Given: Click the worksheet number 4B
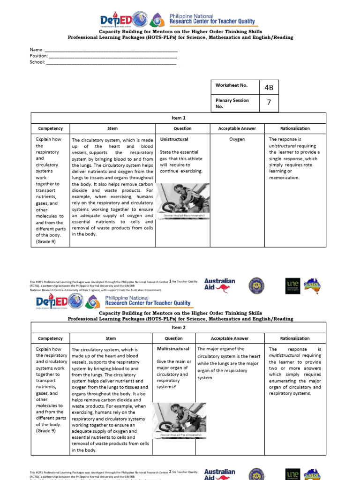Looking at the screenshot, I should coord(269,87).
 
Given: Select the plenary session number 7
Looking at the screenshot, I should coord(269,103).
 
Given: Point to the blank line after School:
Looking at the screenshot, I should coord(111,62).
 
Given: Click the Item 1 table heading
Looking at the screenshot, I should coord(178,118).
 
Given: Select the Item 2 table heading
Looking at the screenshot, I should coord(178,328).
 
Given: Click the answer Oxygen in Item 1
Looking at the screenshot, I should coord(237,139).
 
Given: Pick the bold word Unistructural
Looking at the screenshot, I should coord(174,139).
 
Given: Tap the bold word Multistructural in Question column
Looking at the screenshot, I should coord(173,349).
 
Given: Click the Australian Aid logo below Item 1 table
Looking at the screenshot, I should coord(219,285).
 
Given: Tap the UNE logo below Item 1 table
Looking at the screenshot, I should coord(292,285).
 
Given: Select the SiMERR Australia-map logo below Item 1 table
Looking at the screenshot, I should coord(312,285).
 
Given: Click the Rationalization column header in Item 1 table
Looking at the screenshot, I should coord(295,128).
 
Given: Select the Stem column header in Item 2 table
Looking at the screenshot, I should coord(111,338).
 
